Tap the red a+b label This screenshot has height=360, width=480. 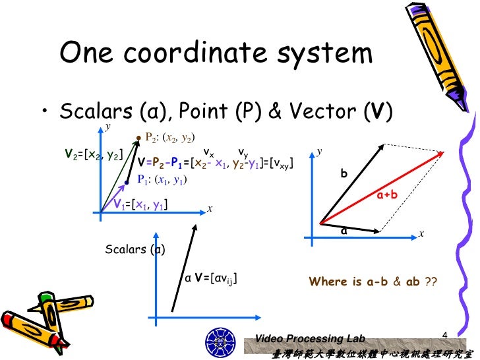(386, 196)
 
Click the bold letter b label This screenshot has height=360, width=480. (343, 174)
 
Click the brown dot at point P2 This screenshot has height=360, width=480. (138, 138)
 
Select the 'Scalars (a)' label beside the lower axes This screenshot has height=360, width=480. (135, 249)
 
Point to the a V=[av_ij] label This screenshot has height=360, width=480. (211, 279)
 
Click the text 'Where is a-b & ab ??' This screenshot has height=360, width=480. (373, 282)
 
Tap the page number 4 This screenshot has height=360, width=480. (444, 338)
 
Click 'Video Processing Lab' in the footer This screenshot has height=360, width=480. (310, 338)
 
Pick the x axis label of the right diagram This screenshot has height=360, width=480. (421, 233)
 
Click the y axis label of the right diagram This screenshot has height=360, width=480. (319, 151)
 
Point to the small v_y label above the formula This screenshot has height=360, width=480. (243, 150)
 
